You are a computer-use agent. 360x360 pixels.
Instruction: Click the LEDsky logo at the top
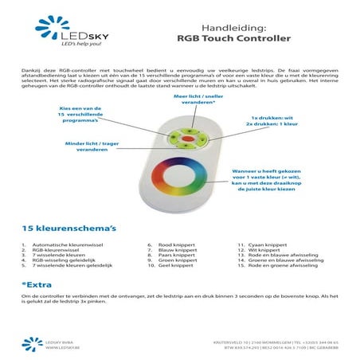(x=68, y=33)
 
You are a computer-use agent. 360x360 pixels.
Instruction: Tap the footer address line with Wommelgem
(x=282, y=342)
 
